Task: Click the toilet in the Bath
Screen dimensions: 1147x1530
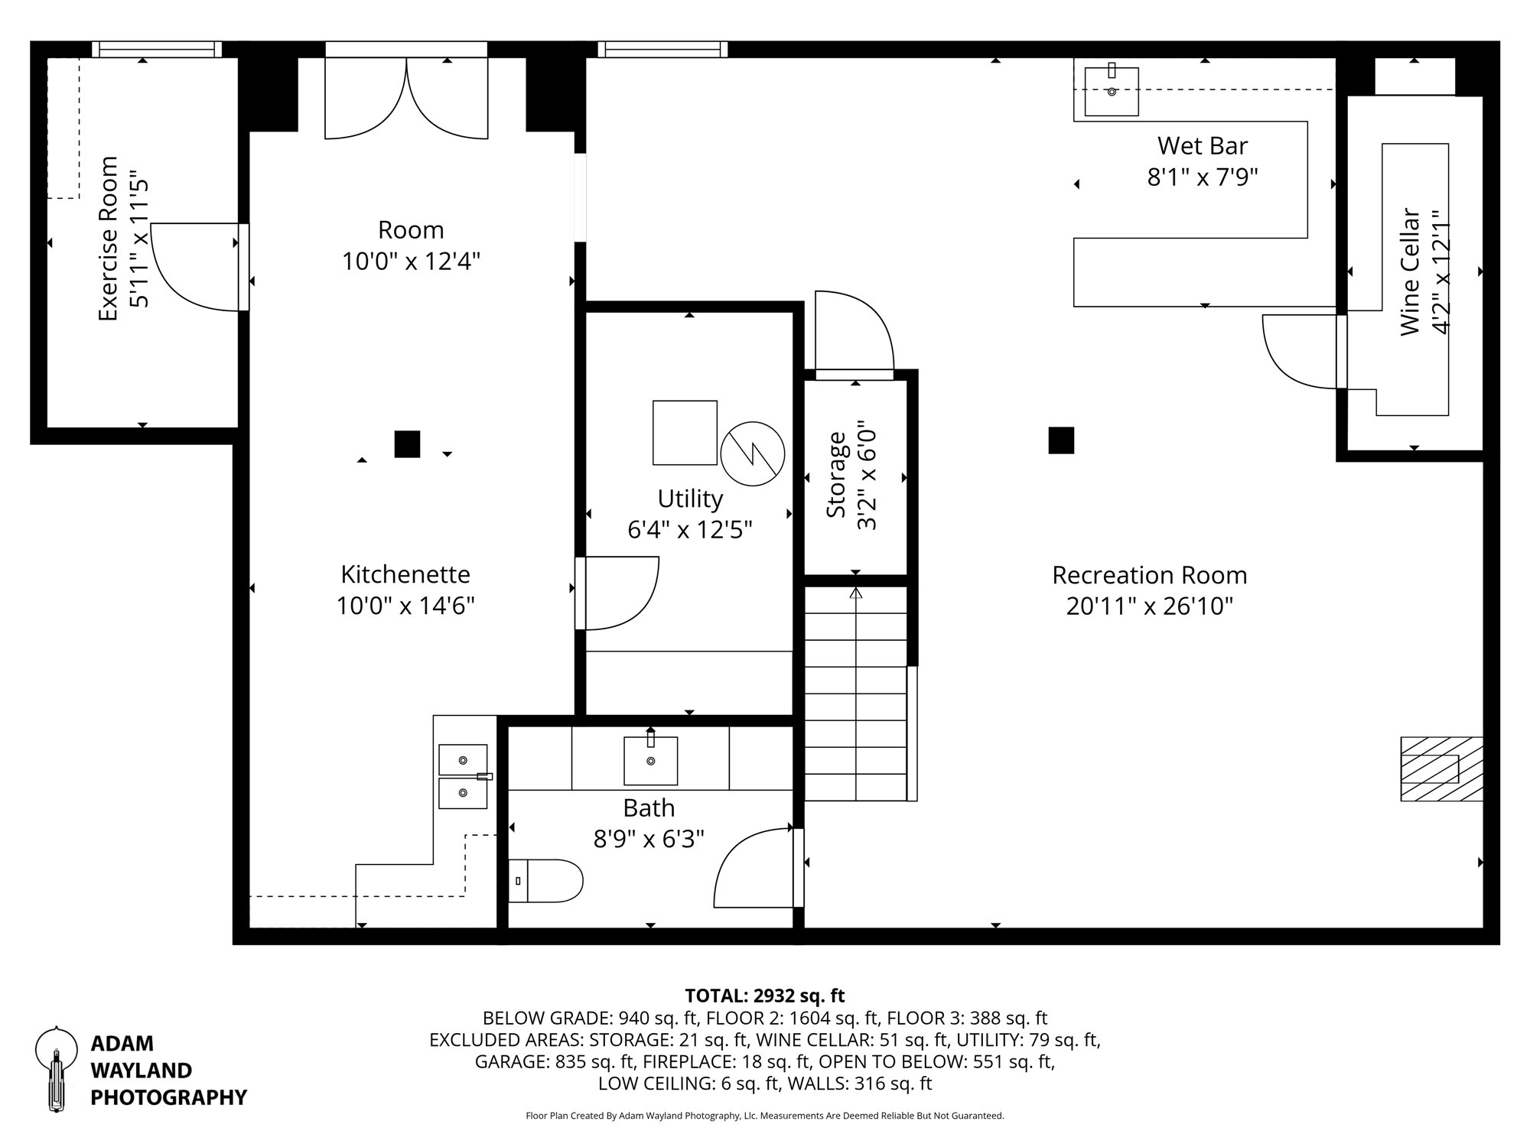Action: tap(546, 881)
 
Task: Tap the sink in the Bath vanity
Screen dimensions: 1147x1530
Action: tap(650, 761)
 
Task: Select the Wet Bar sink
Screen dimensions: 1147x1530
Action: tap(1112, 91)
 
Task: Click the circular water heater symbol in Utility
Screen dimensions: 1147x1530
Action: tap(753, 453)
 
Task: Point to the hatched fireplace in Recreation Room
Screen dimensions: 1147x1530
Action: tap(1441, 768)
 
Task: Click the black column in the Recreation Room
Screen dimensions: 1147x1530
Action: tap(1061, 440)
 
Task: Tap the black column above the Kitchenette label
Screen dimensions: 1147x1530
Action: tap(407, 444)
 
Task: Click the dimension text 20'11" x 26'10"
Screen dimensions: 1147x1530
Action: tap(1149, 606)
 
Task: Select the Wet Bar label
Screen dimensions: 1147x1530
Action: tap(1202, 145)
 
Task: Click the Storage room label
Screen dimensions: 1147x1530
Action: tap(836, 475)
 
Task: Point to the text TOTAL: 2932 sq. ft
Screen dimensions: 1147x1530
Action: tap(764, 996)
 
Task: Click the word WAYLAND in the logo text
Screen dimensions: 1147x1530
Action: tap(141, 1070)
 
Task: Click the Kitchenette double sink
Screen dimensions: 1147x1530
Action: tap(463, 776)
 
